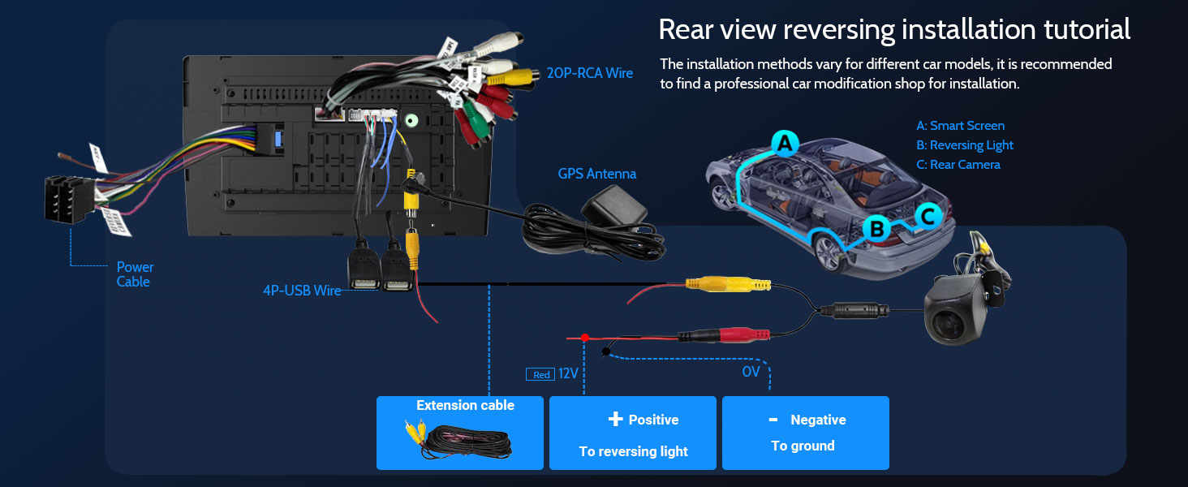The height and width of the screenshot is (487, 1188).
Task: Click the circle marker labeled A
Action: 784,144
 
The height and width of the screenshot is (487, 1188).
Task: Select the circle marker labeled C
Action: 929,215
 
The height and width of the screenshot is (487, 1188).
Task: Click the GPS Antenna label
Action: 597,174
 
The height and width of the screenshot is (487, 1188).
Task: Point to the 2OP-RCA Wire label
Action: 589,73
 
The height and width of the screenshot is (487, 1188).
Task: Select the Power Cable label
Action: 135,274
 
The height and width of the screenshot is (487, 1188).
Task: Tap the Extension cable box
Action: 460,433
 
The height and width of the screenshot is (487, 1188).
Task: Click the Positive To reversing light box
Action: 633,433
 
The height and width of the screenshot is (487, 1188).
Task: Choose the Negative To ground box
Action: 806,433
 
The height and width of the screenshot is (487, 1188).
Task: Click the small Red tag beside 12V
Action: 541,375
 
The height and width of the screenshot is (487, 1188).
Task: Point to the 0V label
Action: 751,372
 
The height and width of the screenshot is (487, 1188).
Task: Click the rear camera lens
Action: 952,323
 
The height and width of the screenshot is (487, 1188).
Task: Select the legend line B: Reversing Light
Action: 965,145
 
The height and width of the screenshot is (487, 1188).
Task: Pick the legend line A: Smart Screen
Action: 961,126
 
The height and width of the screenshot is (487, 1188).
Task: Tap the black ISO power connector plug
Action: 67,198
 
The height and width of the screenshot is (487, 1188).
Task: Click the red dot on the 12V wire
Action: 584,336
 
